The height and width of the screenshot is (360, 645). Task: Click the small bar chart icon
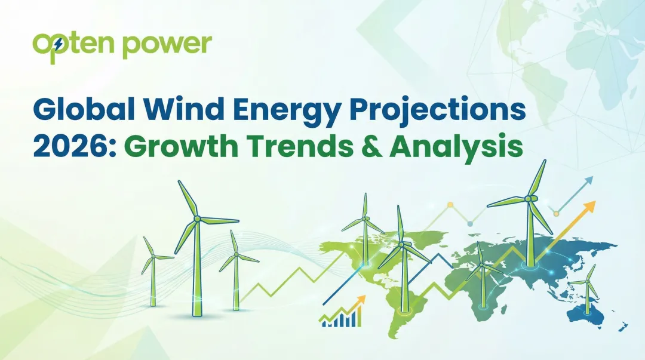341,314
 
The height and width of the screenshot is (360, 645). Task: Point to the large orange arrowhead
590,207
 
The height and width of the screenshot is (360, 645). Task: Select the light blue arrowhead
589,180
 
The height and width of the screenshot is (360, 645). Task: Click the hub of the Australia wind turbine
587,282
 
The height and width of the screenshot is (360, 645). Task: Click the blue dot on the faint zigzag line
470,223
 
